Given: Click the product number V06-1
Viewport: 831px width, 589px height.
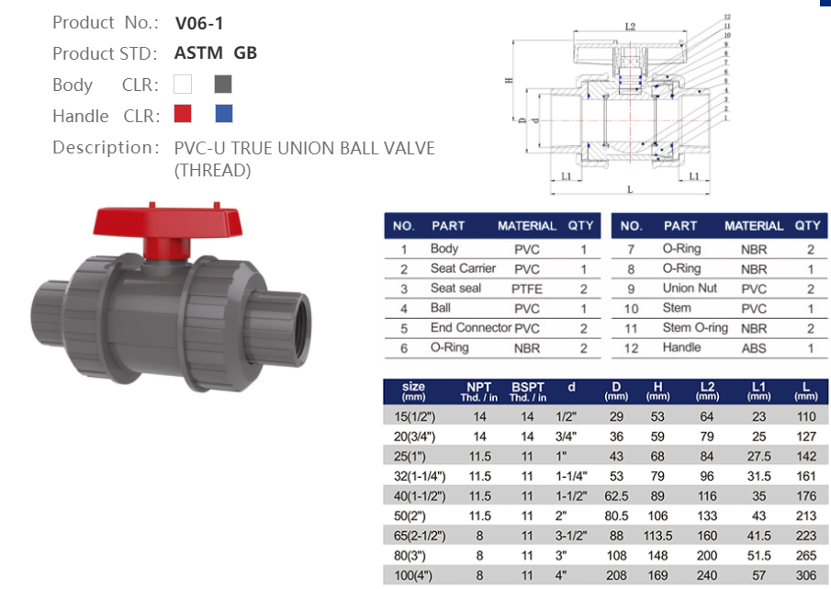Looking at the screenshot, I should point(199,23).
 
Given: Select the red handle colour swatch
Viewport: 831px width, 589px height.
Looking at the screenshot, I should point(183,114).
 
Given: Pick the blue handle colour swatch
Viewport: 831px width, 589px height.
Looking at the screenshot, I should point(223,114).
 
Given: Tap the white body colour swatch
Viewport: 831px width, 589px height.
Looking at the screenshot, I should point(183,85).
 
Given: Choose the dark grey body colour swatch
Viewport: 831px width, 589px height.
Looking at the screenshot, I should point(223,85).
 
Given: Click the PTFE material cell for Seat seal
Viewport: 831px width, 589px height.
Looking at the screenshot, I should point(526,289).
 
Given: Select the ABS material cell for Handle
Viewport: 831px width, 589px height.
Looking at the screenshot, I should point(753,348).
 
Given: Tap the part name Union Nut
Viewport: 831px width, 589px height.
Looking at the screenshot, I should point(690,289).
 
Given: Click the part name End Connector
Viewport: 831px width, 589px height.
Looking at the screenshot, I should point(470,328).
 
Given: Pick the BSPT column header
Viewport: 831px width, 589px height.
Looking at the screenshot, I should point(527,391).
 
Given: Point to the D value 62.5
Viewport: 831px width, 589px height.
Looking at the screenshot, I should point(616,496).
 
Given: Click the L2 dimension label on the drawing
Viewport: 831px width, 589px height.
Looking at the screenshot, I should point(629,28).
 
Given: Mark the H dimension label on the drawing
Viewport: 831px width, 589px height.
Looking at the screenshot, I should point(508,80).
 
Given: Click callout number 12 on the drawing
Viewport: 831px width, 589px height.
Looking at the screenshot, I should point(726,17).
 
